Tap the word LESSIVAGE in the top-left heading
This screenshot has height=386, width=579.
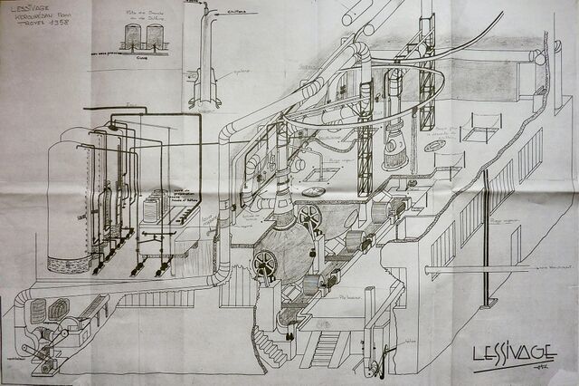pyautogui.click(x=28, y=10)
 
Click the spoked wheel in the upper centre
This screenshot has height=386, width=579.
pyautogui.click(x=310, y=217)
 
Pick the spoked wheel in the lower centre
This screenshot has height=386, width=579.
pyautogui.click(x=265, y=263)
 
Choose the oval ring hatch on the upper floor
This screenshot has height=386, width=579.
pyautogui.click(x=435, y=146)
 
